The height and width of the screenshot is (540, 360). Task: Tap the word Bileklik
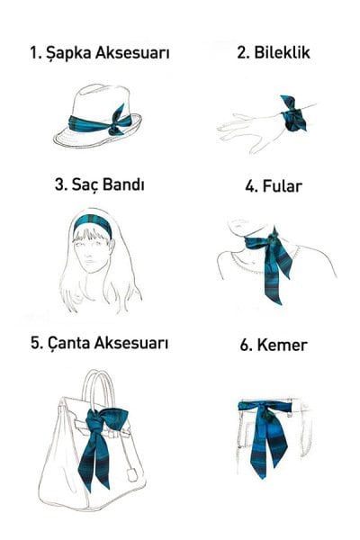(281, 53)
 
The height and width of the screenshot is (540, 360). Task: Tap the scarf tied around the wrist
(292, 114)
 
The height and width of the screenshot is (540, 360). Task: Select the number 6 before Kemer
(248, 345)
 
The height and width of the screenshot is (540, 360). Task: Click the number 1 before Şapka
(33, 53)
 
